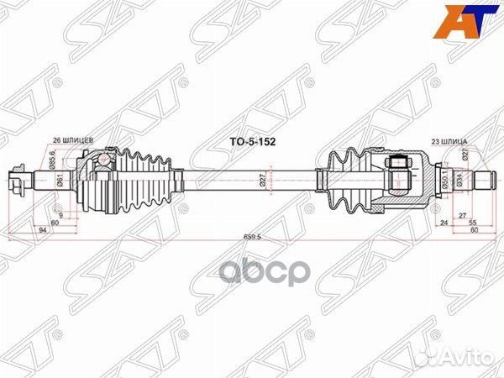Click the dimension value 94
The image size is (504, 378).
tap(42, 229)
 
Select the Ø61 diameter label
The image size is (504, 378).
tap(60, 178)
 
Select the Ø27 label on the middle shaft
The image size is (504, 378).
tap(262, 178)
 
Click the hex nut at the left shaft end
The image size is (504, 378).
tap(18, 179)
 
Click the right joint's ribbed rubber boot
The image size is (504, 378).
tap(349, 178)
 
